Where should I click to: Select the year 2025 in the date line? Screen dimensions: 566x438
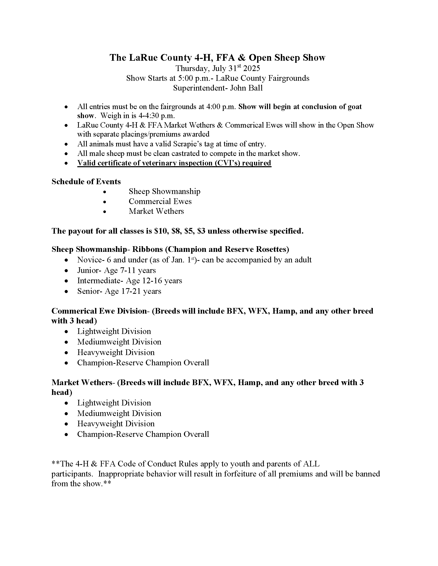252,68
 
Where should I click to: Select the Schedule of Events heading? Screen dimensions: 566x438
86,182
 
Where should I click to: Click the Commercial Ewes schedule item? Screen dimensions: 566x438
160,201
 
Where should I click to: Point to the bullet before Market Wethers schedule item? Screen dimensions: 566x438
105,211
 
